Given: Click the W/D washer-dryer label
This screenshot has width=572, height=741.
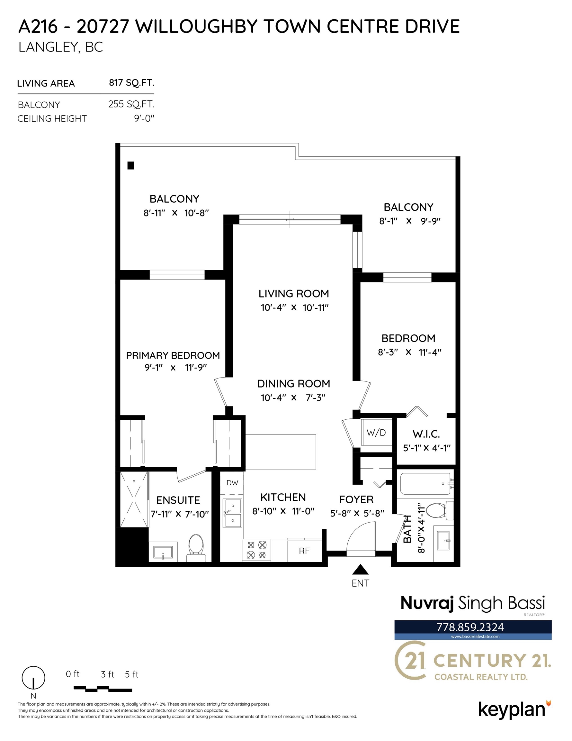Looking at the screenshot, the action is [376, 433].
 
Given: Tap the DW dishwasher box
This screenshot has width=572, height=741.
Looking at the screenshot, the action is [232, 483].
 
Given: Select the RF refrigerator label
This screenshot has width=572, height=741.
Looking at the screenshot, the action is [304, 551].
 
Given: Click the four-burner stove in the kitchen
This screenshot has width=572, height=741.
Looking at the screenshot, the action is [257, 550].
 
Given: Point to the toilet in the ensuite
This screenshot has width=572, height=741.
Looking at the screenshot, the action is [196, 548].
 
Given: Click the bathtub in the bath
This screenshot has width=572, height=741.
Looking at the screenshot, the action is [426, 484].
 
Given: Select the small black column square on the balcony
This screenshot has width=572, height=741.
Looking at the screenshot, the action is [130, 166].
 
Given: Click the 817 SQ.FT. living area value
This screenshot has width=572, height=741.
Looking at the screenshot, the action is [131, 83].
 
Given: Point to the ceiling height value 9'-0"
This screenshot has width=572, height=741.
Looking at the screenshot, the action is [144, 118].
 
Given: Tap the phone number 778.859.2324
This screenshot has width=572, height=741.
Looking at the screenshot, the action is [470, 627].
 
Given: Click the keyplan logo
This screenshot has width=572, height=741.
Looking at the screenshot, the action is [514, 710].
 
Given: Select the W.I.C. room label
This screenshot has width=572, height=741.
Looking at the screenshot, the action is [426, 434].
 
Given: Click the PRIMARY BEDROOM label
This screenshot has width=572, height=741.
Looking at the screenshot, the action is [173, 355].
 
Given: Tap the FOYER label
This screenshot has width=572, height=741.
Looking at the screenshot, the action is [356, 499].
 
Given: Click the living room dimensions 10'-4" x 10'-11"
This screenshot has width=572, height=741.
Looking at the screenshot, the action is [295, 308].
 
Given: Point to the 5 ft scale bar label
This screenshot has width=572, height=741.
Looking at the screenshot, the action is [131, 674].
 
